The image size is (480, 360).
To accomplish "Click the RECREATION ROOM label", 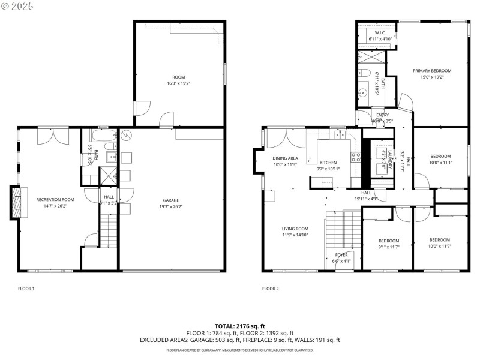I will [55, 199].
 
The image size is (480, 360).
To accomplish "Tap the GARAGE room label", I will [171, 200].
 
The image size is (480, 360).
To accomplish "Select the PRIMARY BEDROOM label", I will [431, 70].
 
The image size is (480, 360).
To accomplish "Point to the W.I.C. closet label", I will [380, 32].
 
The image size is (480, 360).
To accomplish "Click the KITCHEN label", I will [328, 163].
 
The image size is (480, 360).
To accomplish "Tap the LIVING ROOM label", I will [295, 229].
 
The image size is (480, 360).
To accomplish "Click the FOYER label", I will [341, 255].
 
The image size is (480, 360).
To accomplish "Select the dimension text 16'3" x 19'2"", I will [178, 83].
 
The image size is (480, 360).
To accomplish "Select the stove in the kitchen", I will [355, 158].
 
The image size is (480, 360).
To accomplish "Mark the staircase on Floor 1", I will [109, 230].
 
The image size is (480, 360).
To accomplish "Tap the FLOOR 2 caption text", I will [270, 289].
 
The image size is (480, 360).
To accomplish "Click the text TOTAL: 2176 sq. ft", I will [240, 326].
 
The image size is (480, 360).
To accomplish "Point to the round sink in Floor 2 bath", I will [362, 93].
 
